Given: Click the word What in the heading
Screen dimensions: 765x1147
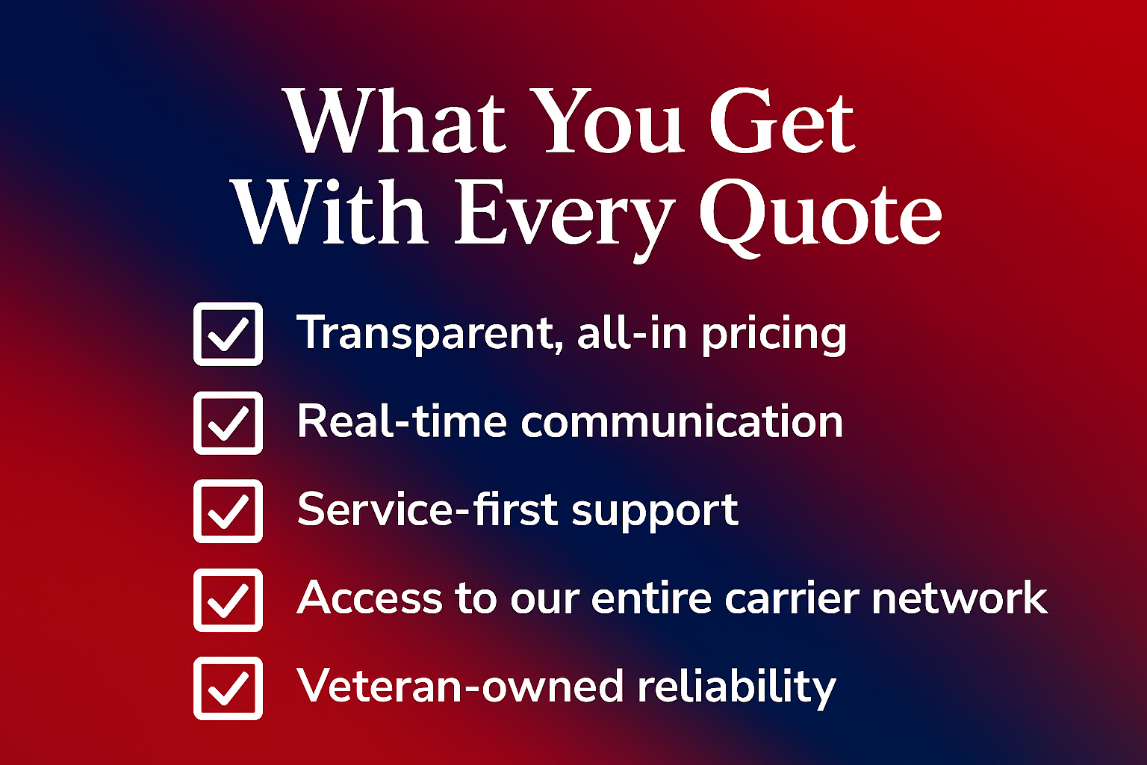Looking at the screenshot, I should coord(396,122).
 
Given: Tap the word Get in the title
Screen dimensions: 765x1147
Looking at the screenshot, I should coord(781,122).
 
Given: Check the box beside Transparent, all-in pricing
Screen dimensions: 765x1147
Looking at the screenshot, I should coord(228,334).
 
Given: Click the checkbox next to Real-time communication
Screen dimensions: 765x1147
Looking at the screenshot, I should coord(228,423).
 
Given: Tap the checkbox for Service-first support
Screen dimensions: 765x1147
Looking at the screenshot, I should coord(228,511).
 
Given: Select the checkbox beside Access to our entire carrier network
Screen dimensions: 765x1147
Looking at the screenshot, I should coord(228,600).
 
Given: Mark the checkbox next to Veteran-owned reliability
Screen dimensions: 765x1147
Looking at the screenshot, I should coord(228,688).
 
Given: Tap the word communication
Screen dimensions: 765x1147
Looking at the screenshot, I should coord(682,422).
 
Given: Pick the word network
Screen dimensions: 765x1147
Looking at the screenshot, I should coord(960,598).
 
